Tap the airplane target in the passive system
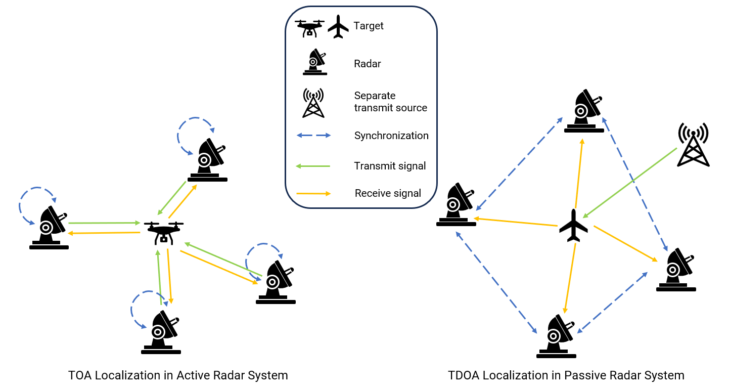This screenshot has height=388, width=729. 574,226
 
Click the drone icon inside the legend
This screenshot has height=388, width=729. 309,28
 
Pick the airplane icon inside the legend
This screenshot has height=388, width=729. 338,27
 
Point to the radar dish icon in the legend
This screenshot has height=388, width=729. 314,63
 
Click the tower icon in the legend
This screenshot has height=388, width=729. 313,103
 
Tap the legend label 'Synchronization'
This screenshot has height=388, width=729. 391,136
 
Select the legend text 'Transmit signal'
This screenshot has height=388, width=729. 390,165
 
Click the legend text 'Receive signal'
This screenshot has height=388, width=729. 388,193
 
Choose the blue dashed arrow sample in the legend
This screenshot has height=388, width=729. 313,136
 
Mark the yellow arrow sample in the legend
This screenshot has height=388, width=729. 313,193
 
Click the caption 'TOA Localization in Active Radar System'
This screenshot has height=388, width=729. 178,375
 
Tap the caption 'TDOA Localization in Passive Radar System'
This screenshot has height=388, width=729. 566,375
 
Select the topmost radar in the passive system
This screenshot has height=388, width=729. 584,112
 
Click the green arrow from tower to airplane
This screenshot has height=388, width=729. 629,182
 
